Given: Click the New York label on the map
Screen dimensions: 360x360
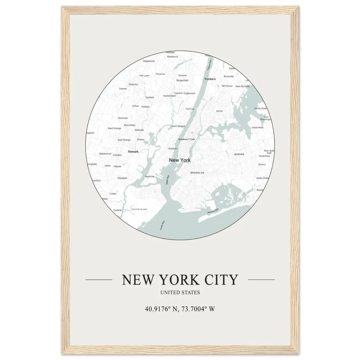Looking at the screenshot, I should coord(180,160).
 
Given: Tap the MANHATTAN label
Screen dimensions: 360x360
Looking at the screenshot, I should coord(187,139).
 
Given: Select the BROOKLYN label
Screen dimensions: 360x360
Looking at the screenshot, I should coord(197,172).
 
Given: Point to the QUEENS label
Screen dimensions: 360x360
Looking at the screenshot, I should coord(239,154).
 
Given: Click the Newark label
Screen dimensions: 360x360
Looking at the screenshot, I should coord(133,152).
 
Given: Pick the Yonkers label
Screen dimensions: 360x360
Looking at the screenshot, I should coord(210,79).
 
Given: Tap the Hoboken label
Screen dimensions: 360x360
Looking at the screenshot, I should coord(172,149).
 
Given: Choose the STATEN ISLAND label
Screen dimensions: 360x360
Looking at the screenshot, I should coord(139,209).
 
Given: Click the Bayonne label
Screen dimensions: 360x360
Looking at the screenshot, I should coord(149,176).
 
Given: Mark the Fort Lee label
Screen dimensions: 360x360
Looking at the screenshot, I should coord(190,109).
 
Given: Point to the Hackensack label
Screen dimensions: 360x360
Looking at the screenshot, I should coord(169,96).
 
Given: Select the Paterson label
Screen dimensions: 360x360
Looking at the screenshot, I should coord(133,84).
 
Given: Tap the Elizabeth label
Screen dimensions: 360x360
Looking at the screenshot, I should coord(122,178).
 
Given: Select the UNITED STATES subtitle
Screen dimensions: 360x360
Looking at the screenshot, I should coord(180,293).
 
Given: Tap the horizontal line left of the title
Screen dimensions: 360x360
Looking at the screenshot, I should coord(99,280).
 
